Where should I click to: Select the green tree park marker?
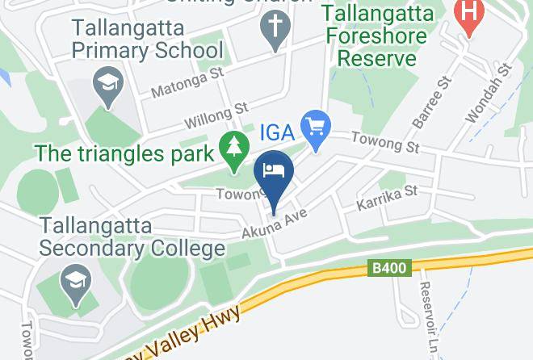pos(235,151)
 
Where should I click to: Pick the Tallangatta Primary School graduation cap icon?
pos(106,84)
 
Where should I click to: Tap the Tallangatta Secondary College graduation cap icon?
pos(77,283)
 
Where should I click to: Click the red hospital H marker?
pos(467,15)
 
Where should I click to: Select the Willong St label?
pos(216,115)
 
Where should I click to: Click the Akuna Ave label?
pos(275,223)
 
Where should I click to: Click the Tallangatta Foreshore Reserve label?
pos(377,36)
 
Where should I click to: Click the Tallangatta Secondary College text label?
pos(131,237)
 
